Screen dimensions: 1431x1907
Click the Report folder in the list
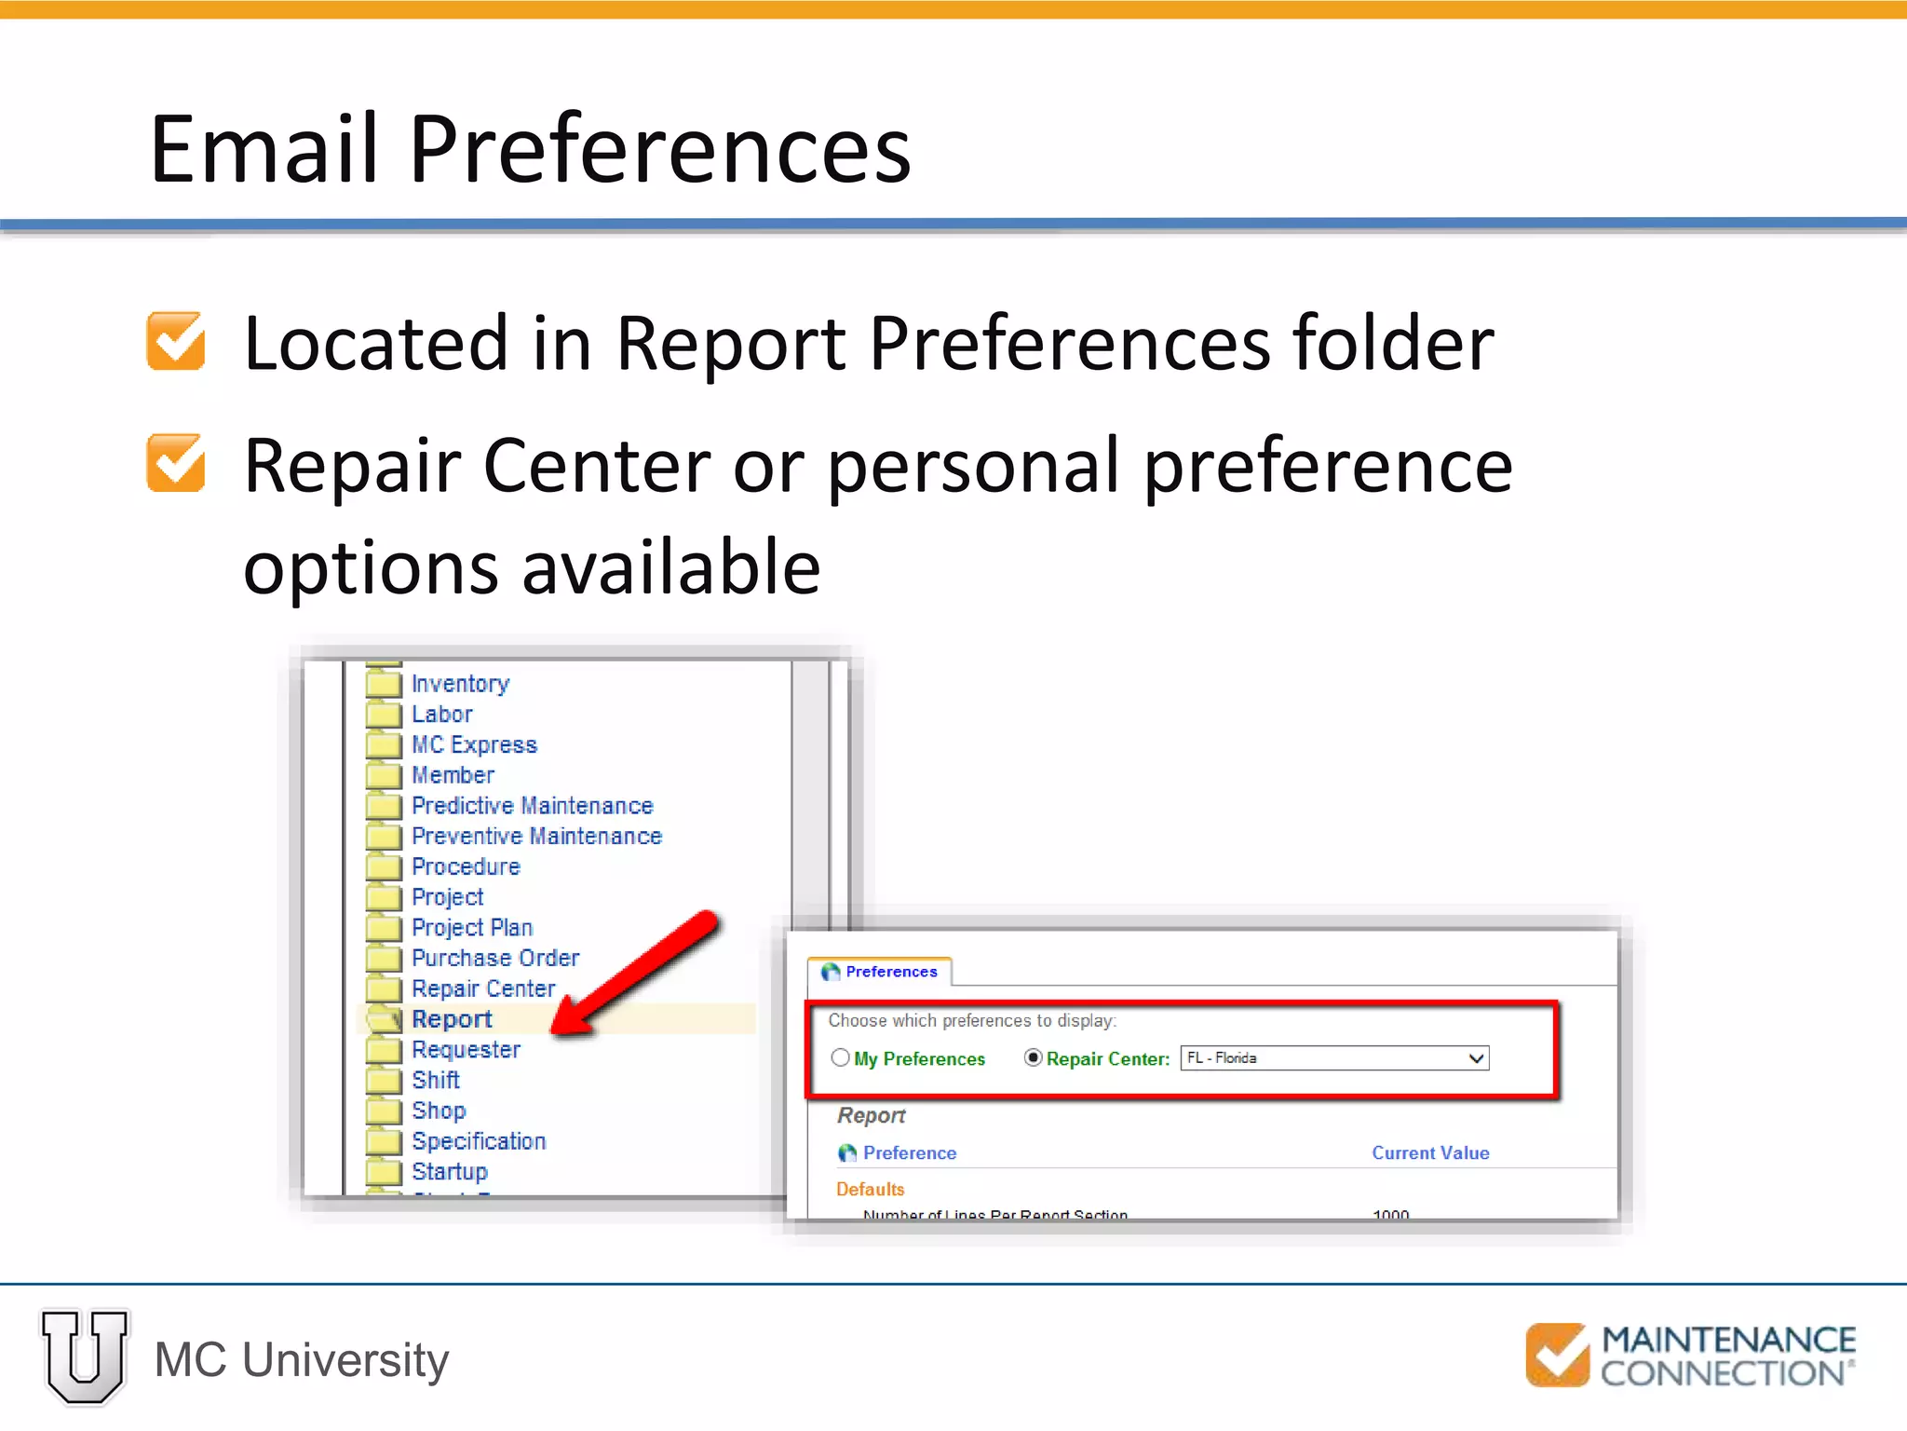point(452,1019)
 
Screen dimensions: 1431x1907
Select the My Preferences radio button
point(841,1057)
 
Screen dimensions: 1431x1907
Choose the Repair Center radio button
point(1033,1057)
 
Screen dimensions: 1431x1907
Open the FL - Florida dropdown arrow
point(1476,1058)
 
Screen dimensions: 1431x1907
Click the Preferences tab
point(880,972)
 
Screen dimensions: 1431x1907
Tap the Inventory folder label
point(460,684)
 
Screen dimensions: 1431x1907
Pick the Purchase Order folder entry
point(494,958)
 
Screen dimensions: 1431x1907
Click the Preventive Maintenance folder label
point(536,836)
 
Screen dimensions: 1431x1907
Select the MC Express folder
point(474,744)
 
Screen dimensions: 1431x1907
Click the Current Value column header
point(1430,1152)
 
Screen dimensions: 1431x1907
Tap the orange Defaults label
point(870,1189)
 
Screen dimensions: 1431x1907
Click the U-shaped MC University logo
point(85,1356)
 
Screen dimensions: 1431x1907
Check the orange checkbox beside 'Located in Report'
point(176,341)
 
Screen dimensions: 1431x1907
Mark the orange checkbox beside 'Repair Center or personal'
point(176,463)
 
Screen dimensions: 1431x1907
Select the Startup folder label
point(449,1171)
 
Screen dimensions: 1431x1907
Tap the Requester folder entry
point(466,1049)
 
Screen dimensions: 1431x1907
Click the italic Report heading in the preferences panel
point(871,1115)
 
